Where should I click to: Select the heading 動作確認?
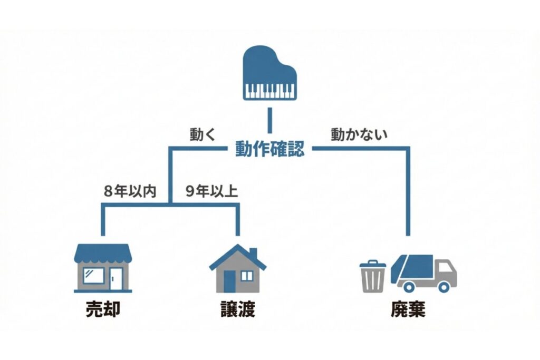coord(269,149)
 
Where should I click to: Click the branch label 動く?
coord(203,134)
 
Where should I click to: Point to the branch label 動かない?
coord(359,134)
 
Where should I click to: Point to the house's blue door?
coord(229,281)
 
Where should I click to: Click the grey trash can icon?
coord(372,276)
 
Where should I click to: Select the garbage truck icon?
coord(423,273)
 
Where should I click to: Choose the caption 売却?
coord(103,310)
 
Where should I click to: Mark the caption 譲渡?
coord(237,310)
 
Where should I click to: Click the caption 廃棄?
coord(408,310)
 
